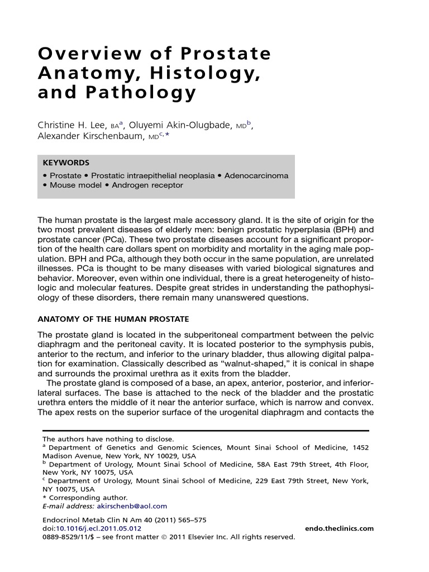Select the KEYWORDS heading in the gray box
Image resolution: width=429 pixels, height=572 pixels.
(x=66, y=163)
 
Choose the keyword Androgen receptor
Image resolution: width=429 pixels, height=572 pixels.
(x=147, y=185)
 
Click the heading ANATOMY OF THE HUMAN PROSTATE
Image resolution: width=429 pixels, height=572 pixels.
(x=113, y=319)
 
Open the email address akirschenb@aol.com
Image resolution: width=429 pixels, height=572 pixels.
(x=132, y=506)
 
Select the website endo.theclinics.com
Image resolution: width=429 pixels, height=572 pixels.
(x=340, y=528)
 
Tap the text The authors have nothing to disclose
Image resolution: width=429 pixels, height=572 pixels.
(x=108, y=439)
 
